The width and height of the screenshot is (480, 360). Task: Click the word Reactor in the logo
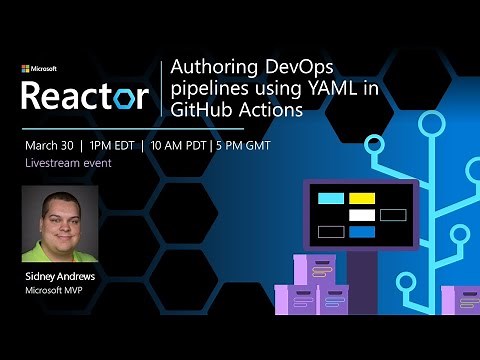[x=85, y=96]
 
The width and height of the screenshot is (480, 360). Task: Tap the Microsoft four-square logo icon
[x=26, y=70]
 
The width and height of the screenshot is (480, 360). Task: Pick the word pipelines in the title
[x=205, y=90]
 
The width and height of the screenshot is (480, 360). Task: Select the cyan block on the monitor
[x=330, y=198]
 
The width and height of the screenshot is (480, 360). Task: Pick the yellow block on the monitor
[x=362, y=198]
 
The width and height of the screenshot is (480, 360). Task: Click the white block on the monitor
[x=362, y=215]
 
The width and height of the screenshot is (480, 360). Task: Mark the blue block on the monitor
[x=362, y=232]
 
